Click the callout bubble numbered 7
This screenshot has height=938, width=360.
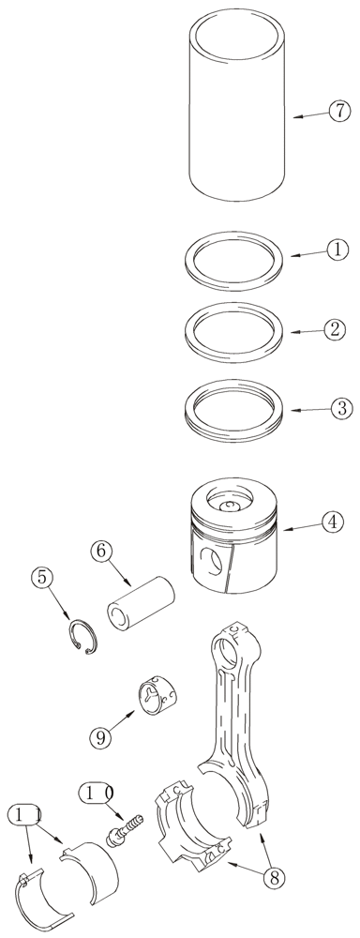337,114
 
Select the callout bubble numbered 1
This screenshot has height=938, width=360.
337,250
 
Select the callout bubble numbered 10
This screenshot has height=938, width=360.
99,794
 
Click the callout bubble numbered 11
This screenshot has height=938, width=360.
26,815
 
